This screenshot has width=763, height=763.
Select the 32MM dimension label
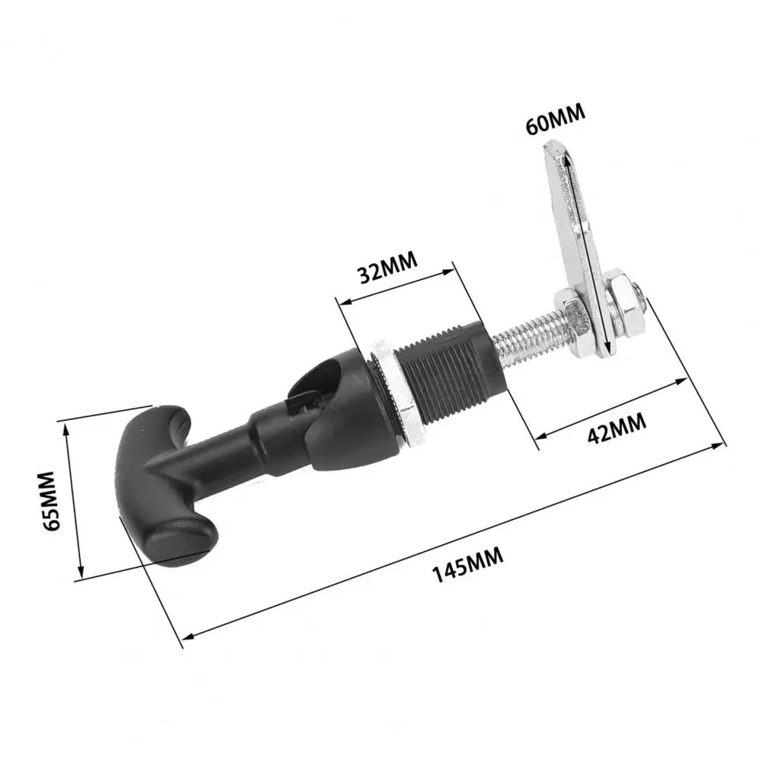(388, 268)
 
